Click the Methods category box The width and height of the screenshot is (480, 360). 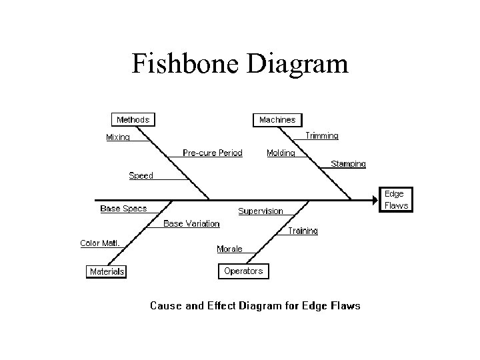click(x=133, y=120)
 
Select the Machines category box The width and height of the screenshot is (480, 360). click(x=277, y=120)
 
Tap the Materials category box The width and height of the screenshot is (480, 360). click(x=107, y=271)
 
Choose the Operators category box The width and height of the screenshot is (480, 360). click(x=243, y=271)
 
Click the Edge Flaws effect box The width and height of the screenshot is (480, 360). click(x=395, y=199)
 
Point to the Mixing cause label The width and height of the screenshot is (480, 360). click(x=118, y=137)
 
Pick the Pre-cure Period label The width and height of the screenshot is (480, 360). click(x=213, y=153)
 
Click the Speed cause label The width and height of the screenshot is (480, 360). click(x=141, y=175)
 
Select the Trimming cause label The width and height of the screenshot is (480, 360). click(x=322, y=135)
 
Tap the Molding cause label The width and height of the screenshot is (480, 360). click(x=281, y=153)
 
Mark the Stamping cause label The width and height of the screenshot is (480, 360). click(x=348, y=164)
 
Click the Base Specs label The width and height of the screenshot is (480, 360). click(x=123, y=209)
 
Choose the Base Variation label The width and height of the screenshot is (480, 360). click(x=191, y=223)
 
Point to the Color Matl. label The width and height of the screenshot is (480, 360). click(x=100, y=243)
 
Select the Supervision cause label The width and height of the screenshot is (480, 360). click(x=261, y=211)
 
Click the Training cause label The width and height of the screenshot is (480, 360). click(x=303, y=231)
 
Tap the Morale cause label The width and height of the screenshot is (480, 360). click(x=229, y=249)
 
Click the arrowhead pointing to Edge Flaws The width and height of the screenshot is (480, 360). click(x=374, y=199)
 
